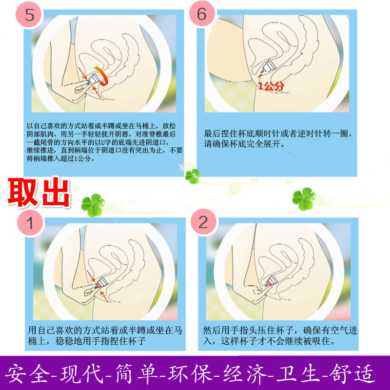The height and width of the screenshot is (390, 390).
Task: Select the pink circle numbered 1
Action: point(30,224)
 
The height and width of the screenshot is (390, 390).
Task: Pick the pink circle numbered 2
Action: point(203,223)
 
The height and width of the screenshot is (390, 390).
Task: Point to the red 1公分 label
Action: point(271,86)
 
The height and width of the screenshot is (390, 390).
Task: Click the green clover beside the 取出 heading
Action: point(92,201)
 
